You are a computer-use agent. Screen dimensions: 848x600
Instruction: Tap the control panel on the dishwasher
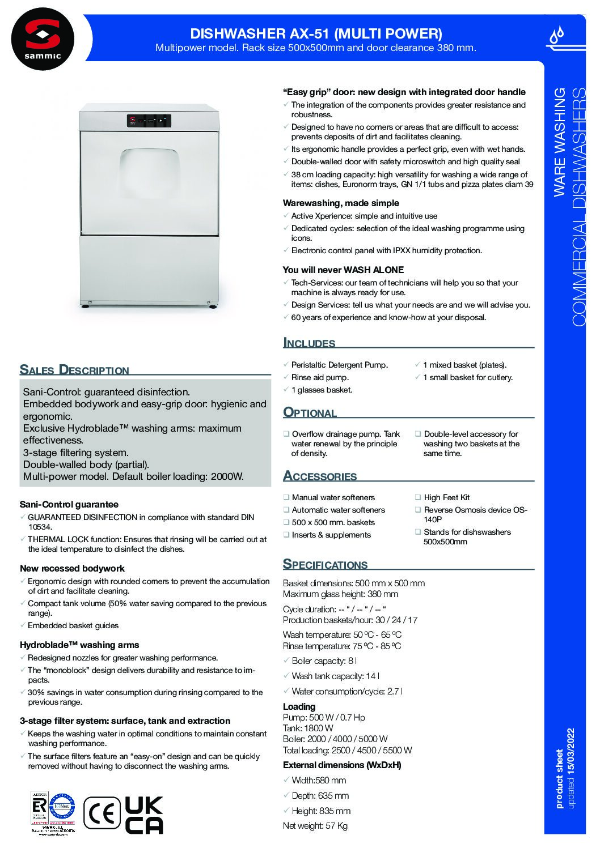coord(149,120)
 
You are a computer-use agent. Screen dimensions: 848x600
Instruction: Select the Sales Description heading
coord(74,370)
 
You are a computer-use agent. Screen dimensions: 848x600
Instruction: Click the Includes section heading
coord(309,343)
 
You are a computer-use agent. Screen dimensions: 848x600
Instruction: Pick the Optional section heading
coord(310,412)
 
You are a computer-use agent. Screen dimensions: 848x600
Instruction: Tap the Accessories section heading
coord(320,476)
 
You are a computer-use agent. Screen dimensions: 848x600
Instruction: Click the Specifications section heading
coord(325,564)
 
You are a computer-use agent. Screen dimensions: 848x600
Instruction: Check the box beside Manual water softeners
coord(286,497)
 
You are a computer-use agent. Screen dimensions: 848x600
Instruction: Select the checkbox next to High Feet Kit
coord(418,497)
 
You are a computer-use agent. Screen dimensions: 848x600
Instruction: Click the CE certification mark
coord(102,813)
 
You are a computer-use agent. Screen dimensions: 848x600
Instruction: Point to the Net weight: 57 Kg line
coord(315,826)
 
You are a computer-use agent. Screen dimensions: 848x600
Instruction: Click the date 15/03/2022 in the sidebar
coord(571,752)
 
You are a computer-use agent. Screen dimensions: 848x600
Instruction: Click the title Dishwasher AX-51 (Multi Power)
coord(316,33)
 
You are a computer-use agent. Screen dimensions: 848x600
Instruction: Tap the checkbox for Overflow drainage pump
coord(286,434)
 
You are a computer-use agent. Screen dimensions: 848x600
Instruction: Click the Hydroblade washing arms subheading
coord(79,645)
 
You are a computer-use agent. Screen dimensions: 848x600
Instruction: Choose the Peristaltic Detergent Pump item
coord(339,365)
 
